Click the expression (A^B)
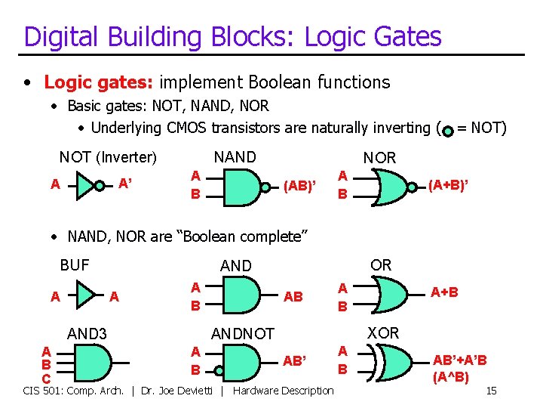[451, 376]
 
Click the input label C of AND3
[46, 378]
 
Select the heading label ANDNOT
[243, 333]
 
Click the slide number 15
[491, 391]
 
